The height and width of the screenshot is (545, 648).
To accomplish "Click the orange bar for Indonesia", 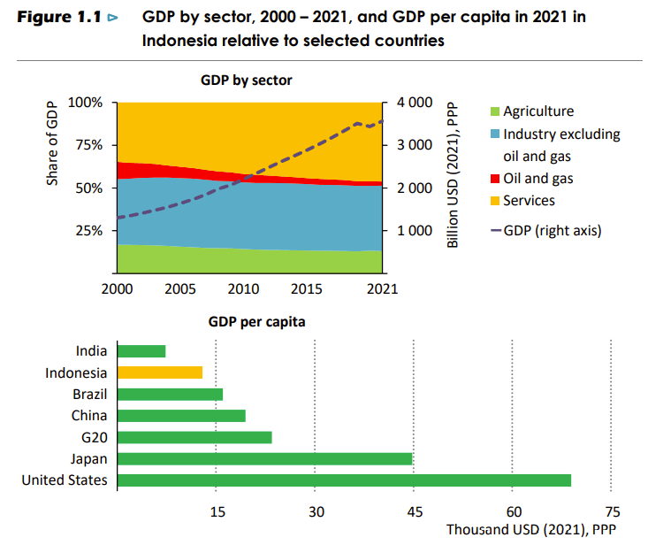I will [160, 372].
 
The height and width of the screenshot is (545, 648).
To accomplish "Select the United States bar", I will [344, 480].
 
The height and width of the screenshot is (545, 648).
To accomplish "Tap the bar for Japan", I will [264, 458].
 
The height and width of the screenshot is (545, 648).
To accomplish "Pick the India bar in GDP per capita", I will [141, 351].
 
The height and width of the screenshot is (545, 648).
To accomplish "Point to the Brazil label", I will [90, 395].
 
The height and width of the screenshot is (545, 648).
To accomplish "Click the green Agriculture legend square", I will [496, 112].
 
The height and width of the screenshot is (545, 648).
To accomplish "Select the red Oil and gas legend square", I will [496, 180].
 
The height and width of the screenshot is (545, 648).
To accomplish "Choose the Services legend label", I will [529, 201].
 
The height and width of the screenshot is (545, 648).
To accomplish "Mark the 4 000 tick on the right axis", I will [413, 103].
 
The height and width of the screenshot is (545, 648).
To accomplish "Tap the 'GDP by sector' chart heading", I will [247, 81].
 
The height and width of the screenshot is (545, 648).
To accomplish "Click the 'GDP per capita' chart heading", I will [256, 322].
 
